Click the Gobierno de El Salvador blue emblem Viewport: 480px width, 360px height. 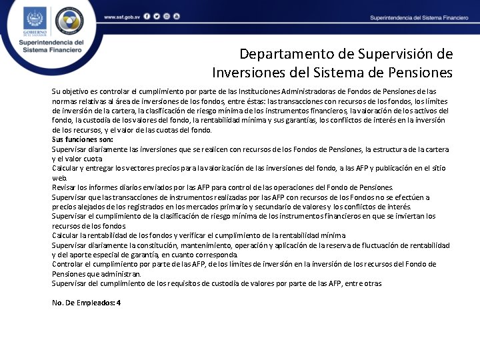[x=35, y=21]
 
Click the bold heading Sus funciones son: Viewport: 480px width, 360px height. [x=82, y=139]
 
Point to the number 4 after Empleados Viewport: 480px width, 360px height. [x=119, y=303]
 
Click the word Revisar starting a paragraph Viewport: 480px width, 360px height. [x=64, y=187]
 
